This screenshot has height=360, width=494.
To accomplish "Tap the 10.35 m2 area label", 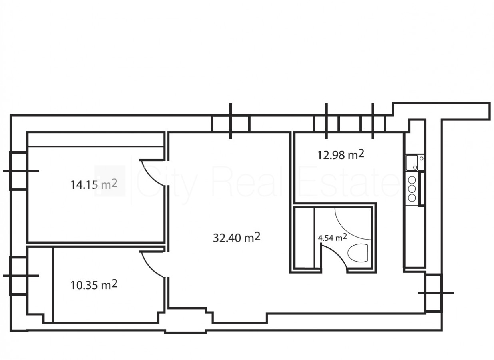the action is point(94,285).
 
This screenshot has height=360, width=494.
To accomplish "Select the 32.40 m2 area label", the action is point(237,238).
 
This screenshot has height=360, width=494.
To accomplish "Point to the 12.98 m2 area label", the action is point(341,154).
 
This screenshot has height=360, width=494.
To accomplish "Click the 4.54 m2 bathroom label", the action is point(333,238).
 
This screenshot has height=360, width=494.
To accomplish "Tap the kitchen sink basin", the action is point(412,163).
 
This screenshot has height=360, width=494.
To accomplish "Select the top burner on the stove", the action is point(412,180).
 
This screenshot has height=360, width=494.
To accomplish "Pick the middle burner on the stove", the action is point(412,189).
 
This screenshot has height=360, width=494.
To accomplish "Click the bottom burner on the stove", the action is point(412,198).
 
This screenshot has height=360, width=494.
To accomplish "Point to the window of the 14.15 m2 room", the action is point(18,171).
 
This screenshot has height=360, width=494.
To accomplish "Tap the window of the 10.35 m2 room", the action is point(18,276).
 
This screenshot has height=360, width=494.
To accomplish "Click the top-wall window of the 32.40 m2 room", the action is point(231,123).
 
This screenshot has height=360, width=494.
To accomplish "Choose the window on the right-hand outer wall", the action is point(434,293).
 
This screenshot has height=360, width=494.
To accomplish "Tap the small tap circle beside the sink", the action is point(421,158).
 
